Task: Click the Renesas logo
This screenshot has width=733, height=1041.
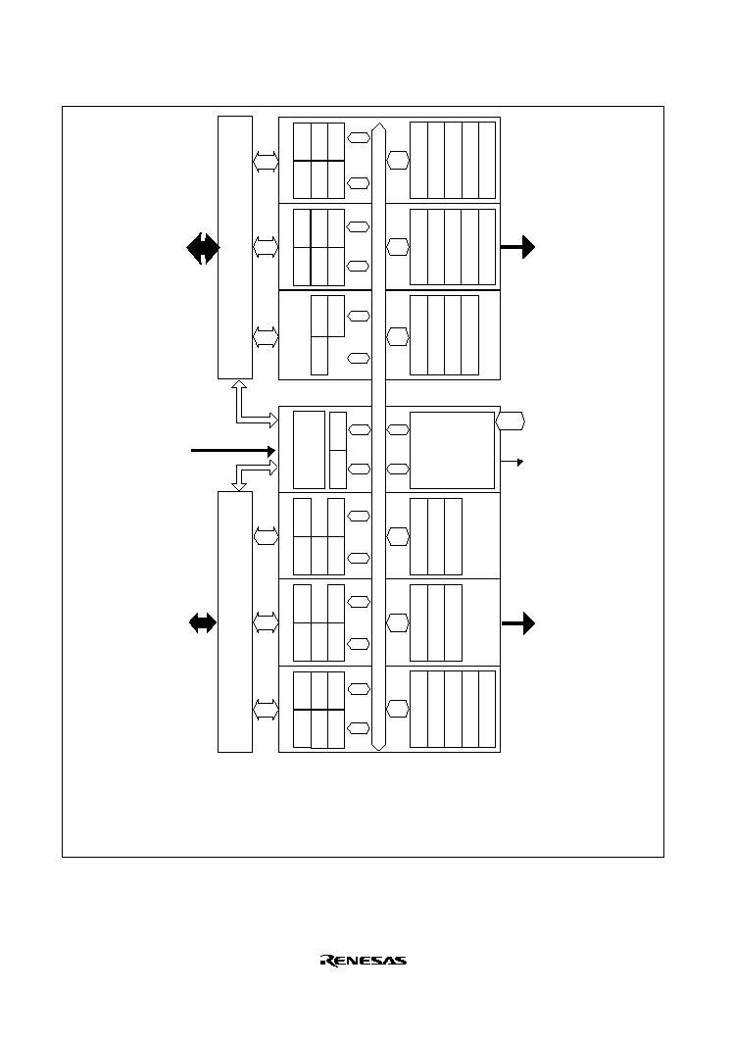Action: pyautogui.click(x=364, y=961)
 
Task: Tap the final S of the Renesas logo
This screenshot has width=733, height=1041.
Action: pyautogui.click(x=401, y=961)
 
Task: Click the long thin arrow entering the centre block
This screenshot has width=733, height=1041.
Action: pyautogui.click(x=233, y=451)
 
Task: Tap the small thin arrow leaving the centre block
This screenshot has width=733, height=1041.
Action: pyautogui.click(x=512, y=462)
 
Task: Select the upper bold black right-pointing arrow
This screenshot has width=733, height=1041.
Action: pyautogui.click(x=517, y=247)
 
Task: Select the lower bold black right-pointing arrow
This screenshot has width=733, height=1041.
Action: pyautogui.click(x=517, y=623)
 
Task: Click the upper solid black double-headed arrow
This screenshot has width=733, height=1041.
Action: pyautogui.click(x=203, y=248)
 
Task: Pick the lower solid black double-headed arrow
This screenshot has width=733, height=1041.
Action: pyautogui.click(x=203, y=622)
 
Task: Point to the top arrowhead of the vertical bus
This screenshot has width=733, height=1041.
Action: pyautogui.click(x=378, y=124)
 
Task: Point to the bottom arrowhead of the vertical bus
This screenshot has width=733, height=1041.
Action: pyautogui.click(x=378, y=748)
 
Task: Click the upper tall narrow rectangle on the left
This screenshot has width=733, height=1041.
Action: pyautogui.click(x=235, y=248)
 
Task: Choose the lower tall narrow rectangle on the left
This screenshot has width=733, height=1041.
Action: pyautogui.click(x=235, y=622)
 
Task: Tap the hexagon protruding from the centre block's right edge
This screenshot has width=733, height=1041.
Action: pyautogui.click(x=511, y=421)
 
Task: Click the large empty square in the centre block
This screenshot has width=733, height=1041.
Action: pyautogui.click(x=452, y=450)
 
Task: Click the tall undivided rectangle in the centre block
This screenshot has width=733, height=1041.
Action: pyautogui.click(x=309, y=450)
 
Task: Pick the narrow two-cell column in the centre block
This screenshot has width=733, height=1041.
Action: pyautogui.click(x=338, y=450)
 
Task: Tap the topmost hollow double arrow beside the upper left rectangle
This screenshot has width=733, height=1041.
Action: pyautogui.click(x=266, y=162)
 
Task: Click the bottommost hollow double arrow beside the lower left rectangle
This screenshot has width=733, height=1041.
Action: pyautogui.click(x=266, y=710)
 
